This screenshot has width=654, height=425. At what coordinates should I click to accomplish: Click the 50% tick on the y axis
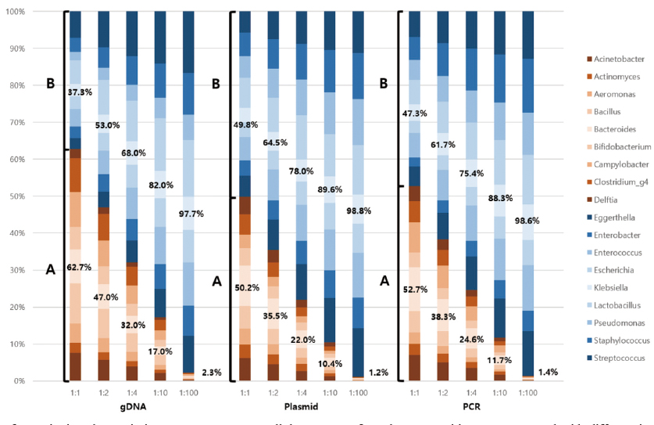coord(37,196)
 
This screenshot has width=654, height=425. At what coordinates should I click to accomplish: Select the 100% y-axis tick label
coord(35,12)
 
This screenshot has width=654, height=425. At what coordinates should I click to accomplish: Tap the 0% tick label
coord(39,381)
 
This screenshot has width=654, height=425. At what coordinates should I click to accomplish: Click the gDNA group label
coord(132,407)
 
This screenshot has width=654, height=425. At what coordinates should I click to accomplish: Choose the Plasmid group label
coord(302,407)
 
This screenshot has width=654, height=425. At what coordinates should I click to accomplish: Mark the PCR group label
coord(471,407)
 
